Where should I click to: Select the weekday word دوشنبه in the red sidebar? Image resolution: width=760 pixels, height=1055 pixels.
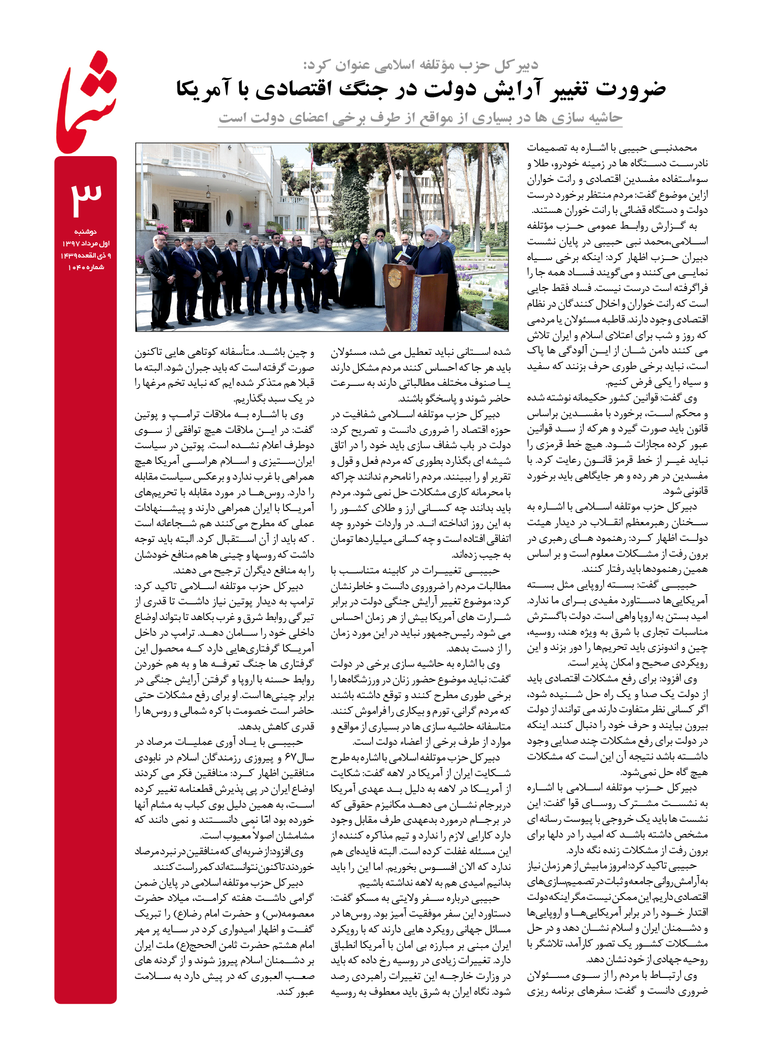pyautogui.click(x=86, y=232)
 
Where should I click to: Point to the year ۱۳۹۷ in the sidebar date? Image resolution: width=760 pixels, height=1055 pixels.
pyautogui.click(x=71, y=244)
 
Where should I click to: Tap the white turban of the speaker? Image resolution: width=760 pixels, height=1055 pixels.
pyautogui.click(x=432, y=229)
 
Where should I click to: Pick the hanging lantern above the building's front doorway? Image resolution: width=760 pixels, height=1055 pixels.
pyautogui.click(x=208, y=192)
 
